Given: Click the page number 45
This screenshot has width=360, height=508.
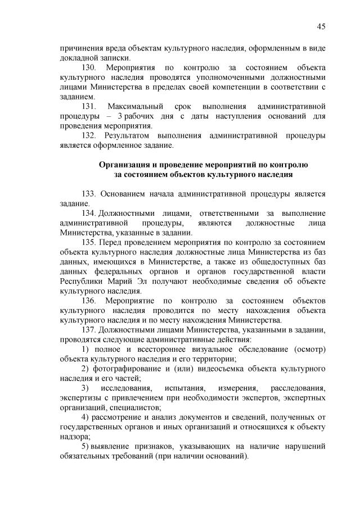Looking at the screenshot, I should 321,26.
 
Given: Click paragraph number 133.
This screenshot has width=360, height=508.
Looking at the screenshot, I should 90,194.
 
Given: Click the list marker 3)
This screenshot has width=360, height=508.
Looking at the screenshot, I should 85,388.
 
